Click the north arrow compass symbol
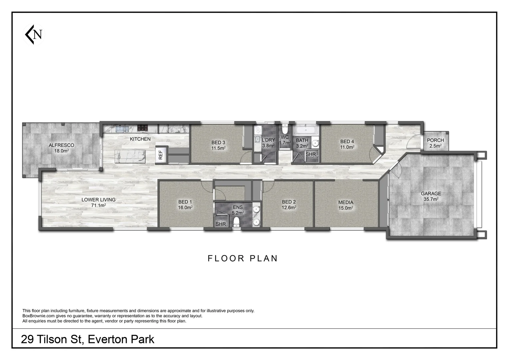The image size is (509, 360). click(x=34, y=34)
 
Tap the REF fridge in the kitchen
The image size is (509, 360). click(x=161, y=155)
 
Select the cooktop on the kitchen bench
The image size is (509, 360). click(x=143, y=128)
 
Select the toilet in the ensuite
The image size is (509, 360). click(x=237, y=222)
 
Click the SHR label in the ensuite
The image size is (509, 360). click(x=221, y=224)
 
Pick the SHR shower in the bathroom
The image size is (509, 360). click(x=311, y=154)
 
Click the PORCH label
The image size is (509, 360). click(x=435, y=140)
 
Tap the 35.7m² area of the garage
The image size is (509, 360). click(x=431, y=199)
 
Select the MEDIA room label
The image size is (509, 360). click(x=345, y=202)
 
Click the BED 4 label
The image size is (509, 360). click(x=347, y=141)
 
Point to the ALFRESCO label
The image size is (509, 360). click(x=61, y=145)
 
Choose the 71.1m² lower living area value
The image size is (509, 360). click(x=98, y=205)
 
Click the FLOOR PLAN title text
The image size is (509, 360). click(x=243, y=258)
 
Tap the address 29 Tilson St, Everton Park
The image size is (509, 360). click(x=88, y=339)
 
